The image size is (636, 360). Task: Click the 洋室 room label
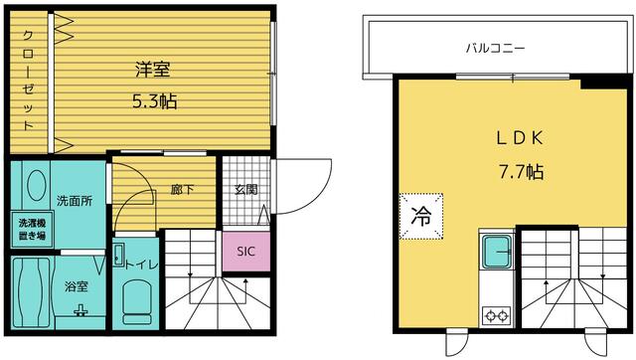pos(152,70)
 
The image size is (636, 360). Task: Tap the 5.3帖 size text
pos(155,101)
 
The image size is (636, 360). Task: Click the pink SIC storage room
pos(246,252)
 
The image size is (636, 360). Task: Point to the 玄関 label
pos(246,190)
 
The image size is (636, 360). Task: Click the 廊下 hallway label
pos(182,189)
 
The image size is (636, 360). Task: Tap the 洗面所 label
pos(75,201)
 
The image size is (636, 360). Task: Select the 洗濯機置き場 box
pos(32,230)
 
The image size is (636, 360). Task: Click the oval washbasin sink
pos(36,185)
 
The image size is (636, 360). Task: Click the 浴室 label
pos(77,286)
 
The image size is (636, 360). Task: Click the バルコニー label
pos(495,49)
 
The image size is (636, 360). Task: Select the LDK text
pos(520,138)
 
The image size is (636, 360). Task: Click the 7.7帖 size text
pos(521,172)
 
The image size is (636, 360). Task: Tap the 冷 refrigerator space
pos(421,217)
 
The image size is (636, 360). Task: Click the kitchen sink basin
pos(497,252)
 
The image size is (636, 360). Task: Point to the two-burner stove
pos(497,315)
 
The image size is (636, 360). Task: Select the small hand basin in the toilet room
pos(118,255)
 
